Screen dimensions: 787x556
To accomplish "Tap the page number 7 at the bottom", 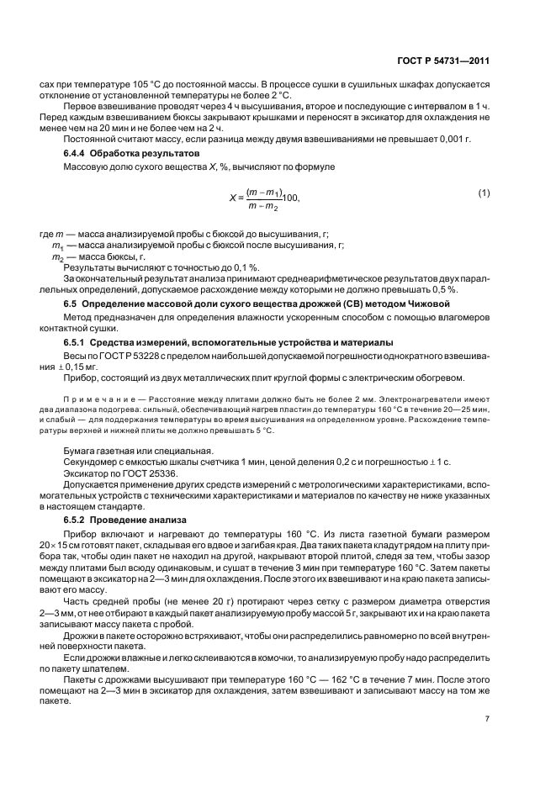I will point(487,719).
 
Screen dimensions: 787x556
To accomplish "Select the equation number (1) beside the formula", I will point(484,217).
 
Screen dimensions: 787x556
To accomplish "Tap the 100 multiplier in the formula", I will point(290,222).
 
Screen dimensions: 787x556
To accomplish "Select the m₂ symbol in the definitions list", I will point(57,256).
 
